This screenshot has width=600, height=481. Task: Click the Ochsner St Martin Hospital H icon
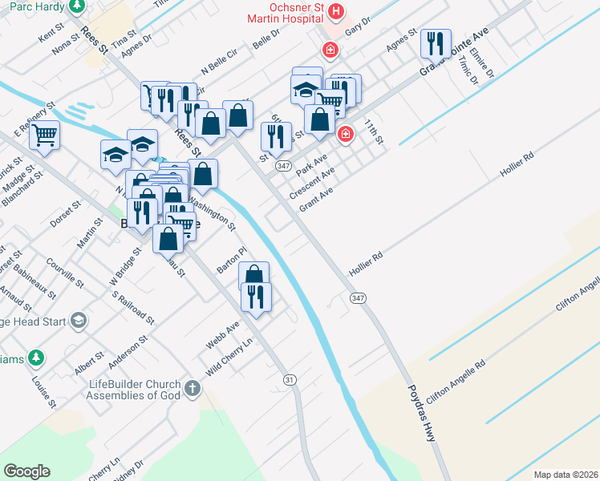(x=336, y=13)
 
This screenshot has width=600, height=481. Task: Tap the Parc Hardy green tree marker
(x=77, y=6)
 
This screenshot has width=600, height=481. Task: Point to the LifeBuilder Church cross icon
(x=191, y=390)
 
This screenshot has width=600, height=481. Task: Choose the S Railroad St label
(x=132, y=307)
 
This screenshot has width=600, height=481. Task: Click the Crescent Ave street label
(x=311, y=184)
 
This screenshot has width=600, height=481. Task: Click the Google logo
(x=26, y=471)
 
